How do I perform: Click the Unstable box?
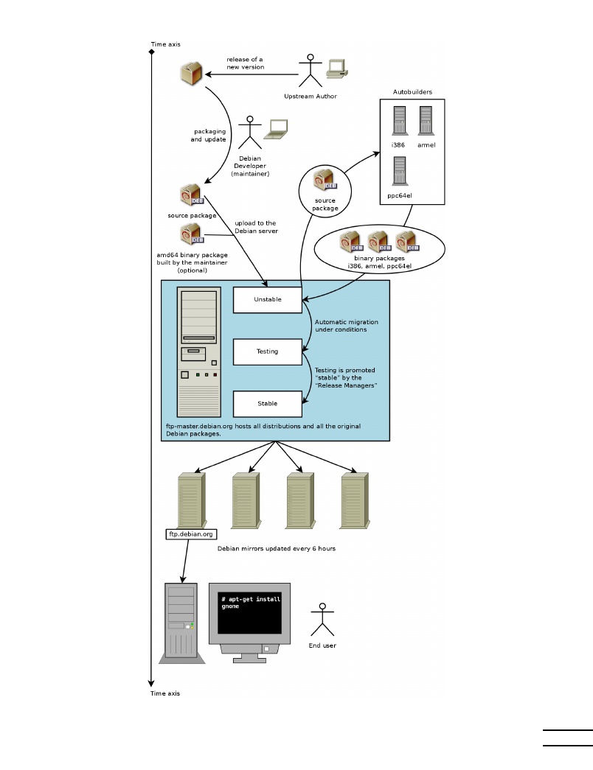pyautogui.click(x=267, y=300)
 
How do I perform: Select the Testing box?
pyautogui.click(x=267, y=351)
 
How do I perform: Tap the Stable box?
pyautogui.click(x=267, y=404)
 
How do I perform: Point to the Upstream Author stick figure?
pyautogui.click(x=311, y=70)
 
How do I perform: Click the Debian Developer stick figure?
pyautogui.click(x=251, y=133)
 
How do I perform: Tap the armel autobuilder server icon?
pyautogui.click(x=426, y=122)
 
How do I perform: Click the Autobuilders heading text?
pyautogui.click(x=412, y=92)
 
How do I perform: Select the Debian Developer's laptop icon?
pyautogui.click(x=277, y=130)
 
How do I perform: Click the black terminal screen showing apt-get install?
pyautogui.click(x=250, y=611)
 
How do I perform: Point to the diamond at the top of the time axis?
pyautogui.click(x=150, y=52)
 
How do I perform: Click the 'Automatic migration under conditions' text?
pyautogui.click(x=341, y=326)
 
